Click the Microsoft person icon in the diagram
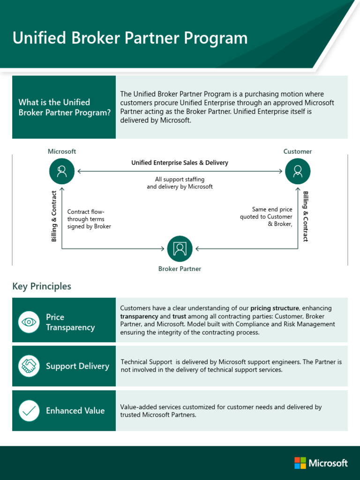coord(61,171)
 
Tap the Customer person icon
coord(298,171)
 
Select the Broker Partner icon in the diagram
coord(180,248)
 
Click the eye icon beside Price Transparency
coord(29,322)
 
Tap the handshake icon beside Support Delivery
coord(29,366)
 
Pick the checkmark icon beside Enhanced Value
coord(29,411)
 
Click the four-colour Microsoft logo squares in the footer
coord(300,463)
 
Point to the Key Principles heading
coord(42,286)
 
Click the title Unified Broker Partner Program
coord(130,38)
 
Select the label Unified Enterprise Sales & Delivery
coord(180,163)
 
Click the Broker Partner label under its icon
coord(180,269)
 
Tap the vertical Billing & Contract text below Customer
coord(306,216)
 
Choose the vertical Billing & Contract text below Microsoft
coord(54,216)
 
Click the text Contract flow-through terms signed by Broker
coord(89,219)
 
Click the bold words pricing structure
coord(274,308)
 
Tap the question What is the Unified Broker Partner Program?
coord(64,107)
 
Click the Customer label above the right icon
coord(298,151)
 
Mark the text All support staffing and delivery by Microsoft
coord(180,183)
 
